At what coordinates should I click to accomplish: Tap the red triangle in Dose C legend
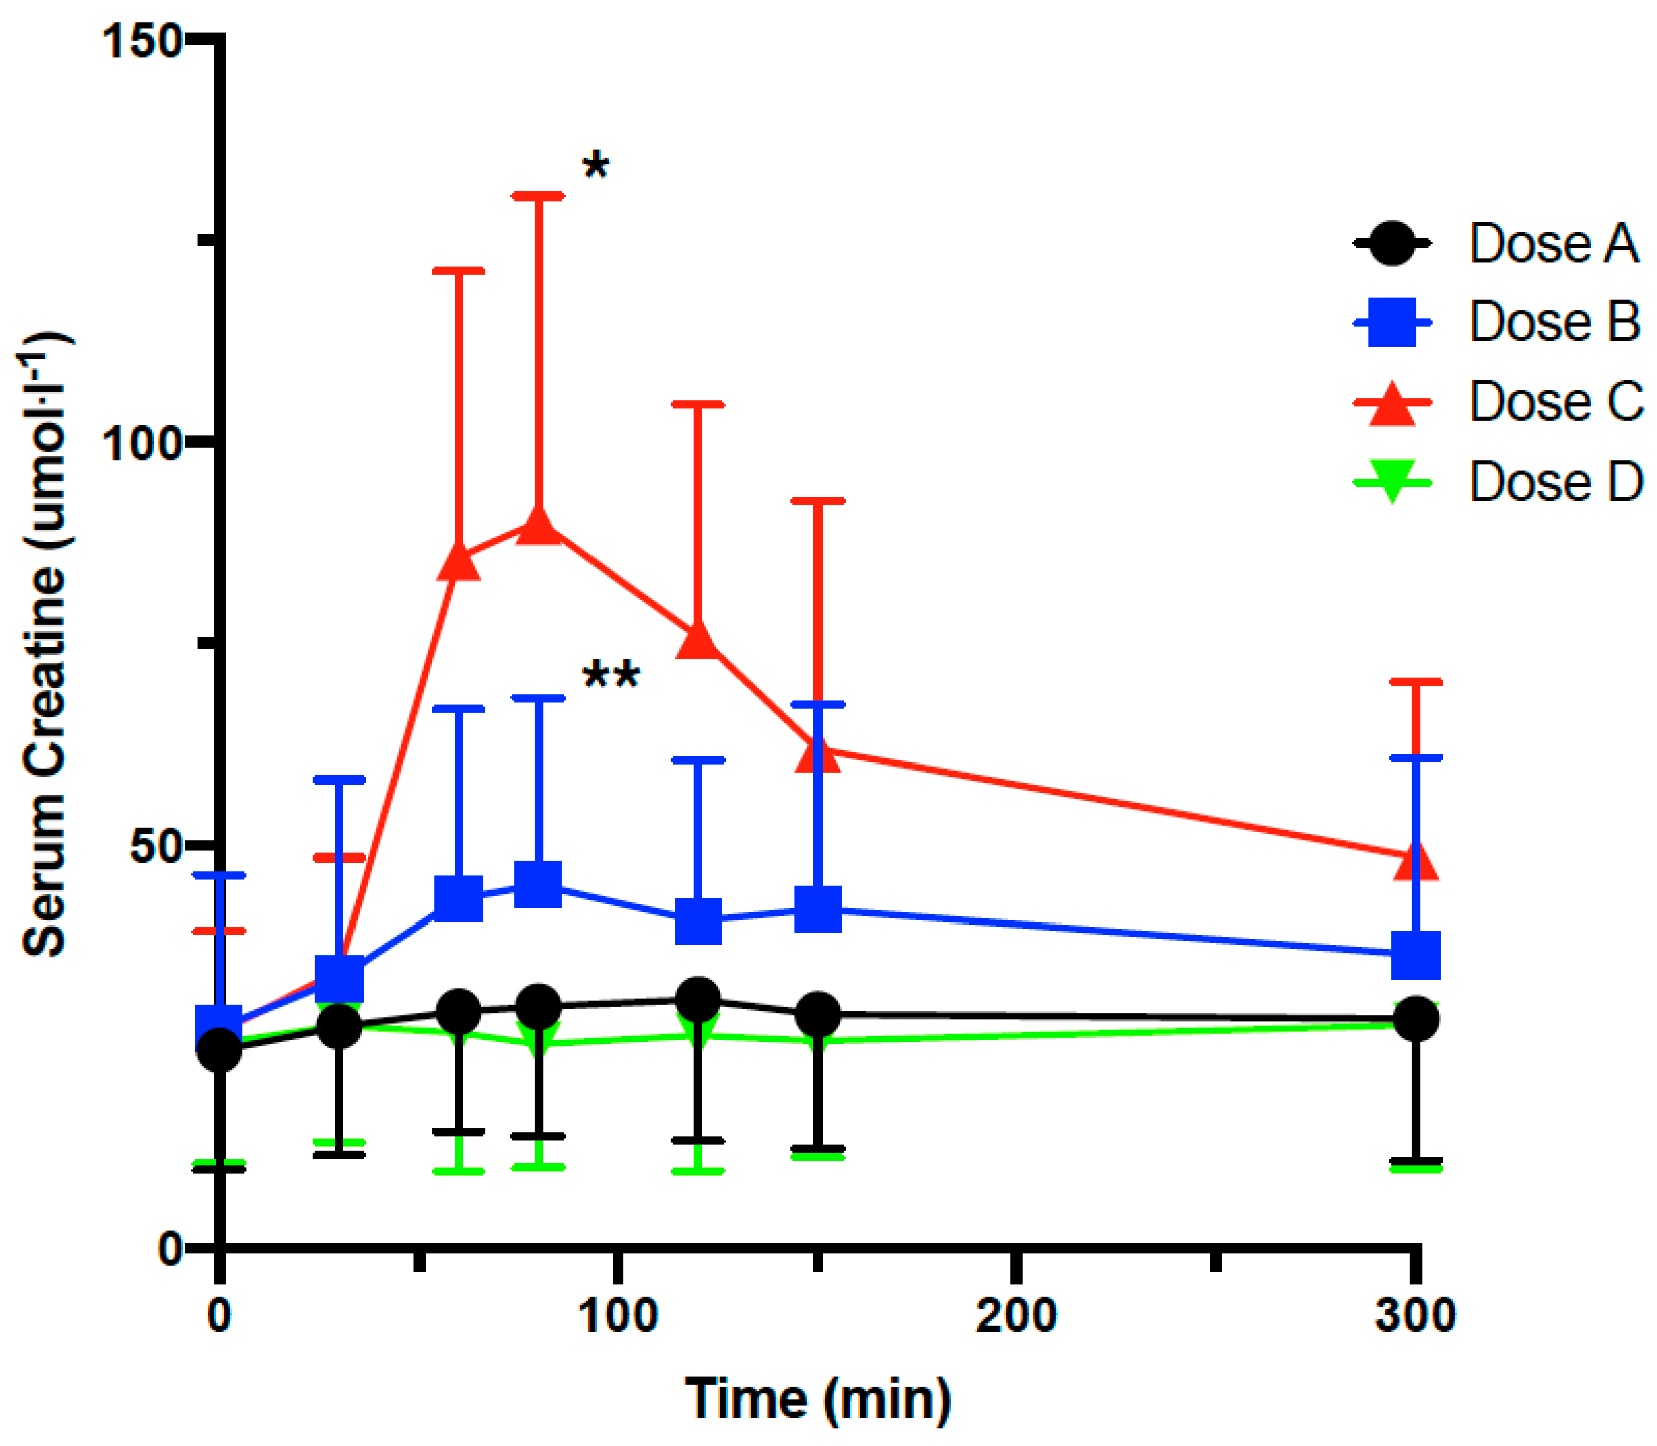[1393, 404]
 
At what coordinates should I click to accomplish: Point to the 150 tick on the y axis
[142, 40]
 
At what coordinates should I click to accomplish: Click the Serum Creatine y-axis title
[44, 645]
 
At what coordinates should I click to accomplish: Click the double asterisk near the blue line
[611, 676]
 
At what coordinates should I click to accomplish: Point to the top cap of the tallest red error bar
[538, 196]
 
